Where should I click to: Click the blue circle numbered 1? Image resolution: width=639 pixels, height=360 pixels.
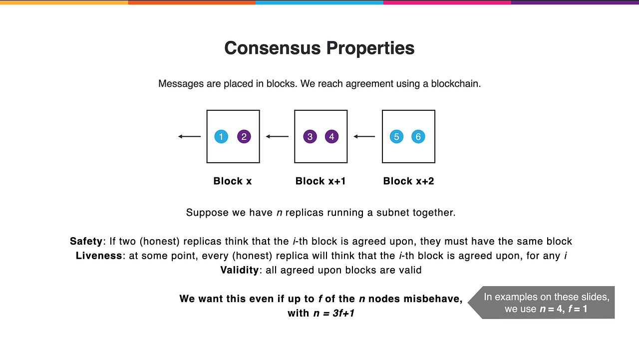221,136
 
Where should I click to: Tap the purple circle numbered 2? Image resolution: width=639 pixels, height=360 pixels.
244,136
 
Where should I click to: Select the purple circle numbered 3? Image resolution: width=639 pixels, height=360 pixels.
310,136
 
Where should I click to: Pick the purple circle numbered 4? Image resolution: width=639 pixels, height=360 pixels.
331,136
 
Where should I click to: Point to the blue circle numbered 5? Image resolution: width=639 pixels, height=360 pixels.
396,136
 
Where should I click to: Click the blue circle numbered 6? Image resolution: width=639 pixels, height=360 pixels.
418,136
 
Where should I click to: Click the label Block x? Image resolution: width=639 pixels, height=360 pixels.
233,181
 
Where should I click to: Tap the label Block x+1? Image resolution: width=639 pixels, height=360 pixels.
320,181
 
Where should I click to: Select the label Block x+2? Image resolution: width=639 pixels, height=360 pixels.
408,181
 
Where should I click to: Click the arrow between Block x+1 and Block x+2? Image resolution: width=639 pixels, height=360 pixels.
364,136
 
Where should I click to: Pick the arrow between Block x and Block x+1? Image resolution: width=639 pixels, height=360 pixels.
277,136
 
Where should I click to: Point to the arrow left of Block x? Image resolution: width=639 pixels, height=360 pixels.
189,136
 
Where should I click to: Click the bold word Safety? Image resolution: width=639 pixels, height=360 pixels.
86,242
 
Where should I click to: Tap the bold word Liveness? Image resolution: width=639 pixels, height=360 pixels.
98,256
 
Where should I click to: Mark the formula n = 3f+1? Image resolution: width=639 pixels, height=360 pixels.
333,314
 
